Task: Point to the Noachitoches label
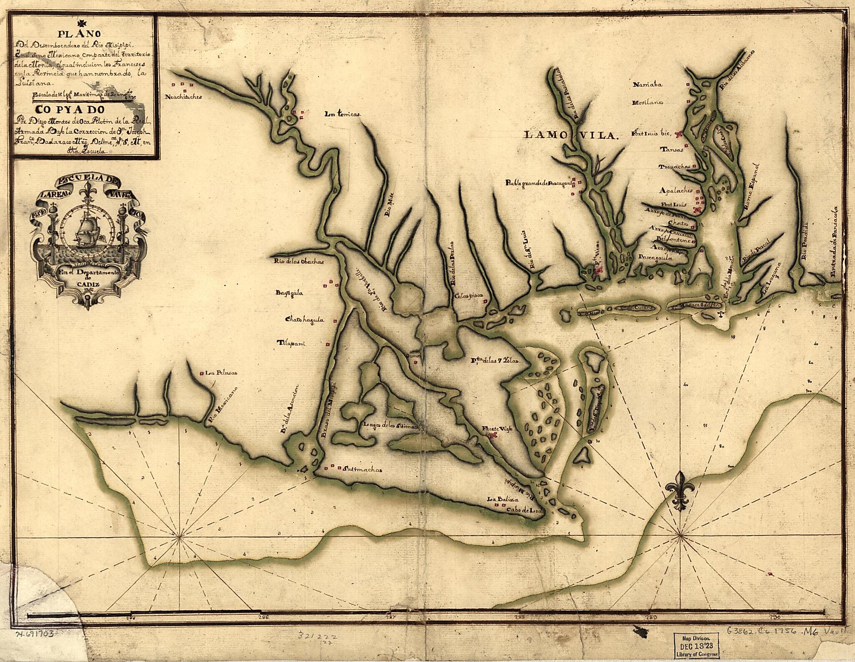pyautogui.click(x=184, y=97)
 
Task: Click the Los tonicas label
pyautogui.click(x=343, y=114)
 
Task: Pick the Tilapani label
pyautogui.click(x=291, y=344)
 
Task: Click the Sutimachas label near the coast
pyautogui.click(x=362, y=469)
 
